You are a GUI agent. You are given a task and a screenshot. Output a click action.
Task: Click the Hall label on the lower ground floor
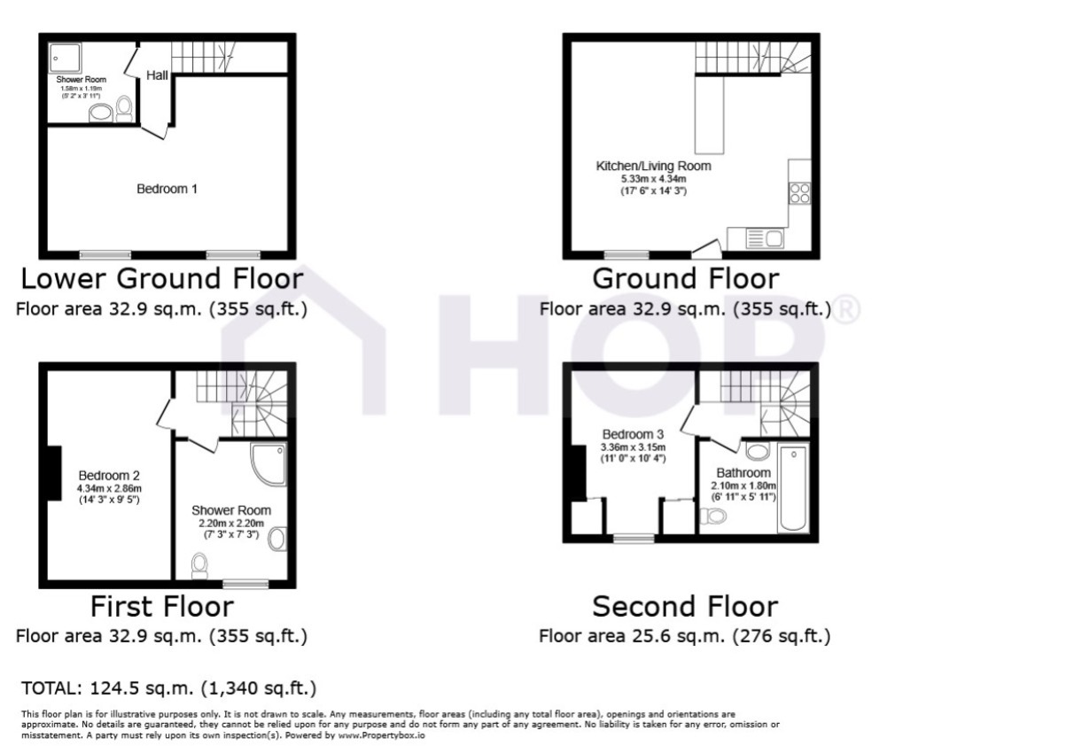pos(157,75)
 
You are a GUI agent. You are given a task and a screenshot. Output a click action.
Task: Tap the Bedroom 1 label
pos(167,189)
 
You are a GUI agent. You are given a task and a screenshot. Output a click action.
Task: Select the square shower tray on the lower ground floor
pos(66,58)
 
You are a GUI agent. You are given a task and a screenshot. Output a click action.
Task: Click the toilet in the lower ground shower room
pos(124,109)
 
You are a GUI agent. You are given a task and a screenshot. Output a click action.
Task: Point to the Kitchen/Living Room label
pos(653,166)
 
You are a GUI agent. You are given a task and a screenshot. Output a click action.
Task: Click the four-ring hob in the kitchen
pos(799,193)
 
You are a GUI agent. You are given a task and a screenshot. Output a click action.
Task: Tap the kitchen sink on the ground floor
pos(765,238)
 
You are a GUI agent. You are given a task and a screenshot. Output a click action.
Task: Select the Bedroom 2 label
pos(109,475)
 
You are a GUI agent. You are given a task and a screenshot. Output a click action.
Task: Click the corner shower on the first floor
pos(268,464)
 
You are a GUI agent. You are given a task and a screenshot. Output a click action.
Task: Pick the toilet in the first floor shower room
pos(199,565)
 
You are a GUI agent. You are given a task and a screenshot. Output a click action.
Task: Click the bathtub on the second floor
pos(793,488)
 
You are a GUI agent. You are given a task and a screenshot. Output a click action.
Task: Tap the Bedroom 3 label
pos(633,434)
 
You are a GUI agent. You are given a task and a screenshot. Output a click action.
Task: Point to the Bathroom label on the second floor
pos(743,473)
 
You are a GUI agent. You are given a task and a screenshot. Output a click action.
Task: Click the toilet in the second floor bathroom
pos(713,516)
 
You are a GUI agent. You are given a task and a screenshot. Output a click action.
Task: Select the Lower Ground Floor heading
pos(162,278)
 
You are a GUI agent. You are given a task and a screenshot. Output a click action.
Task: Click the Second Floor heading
pos(685,607)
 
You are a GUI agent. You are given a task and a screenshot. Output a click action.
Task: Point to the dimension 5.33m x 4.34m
pos(653,179)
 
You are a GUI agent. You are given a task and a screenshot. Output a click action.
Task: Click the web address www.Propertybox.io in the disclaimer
pos(381,735)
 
